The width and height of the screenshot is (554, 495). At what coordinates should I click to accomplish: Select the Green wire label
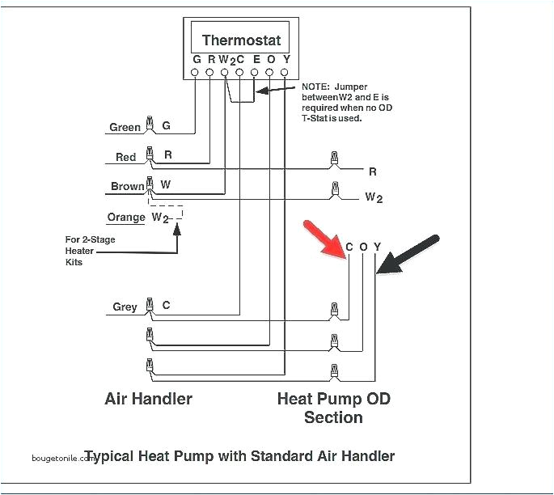[125, 127]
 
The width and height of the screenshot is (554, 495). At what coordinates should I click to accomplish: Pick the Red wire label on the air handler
[125, 157]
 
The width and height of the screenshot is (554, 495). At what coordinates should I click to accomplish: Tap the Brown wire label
[127, 186]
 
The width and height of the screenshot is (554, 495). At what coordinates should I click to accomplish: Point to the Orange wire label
[126, 217]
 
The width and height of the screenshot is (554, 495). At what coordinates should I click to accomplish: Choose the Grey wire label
[125, 307]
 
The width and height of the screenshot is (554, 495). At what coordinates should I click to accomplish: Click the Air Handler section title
[149, 399]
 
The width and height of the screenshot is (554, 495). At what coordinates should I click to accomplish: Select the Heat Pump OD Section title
[333, 408]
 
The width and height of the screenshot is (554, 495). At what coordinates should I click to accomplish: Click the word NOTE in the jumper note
[316, 86]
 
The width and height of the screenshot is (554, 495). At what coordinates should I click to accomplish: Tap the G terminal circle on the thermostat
[195, 73]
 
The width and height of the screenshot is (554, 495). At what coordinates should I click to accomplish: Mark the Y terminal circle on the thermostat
[285, 73]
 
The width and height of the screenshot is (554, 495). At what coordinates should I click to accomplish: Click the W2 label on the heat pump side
[374, 197]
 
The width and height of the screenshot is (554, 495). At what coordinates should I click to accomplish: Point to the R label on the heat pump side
[373, 171]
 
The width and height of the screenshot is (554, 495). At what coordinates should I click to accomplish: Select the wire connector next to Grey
[149, 306]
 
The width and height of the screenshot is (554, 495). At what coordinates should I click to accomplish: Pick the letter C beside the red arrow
[349, 247]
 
